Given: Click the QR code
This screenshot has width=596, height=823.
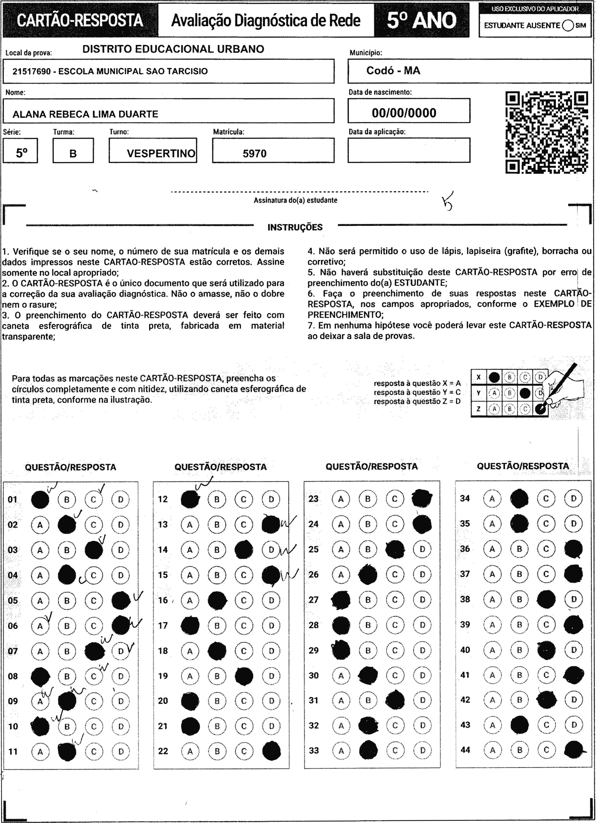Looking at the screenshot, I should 546,132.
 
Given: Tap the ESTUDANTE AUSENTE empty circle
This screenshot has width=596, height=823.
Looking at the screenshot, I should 568,25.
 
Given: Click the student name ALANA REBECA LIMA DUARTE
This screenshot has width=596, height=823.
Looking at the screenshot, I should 85,114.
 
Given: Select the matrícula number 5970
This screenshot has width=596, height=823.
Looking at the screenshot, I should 255,153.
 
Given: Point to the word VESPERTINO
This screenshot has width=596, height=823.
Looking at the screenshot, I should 161,153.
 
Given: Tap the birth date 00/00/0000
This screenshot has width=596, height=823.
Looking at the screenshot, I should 404,113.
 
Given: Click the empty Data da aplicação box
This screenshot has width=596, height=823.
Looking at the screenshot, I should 409,150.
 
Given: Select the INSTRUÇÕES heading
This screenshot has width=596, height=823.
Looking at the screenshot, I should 295,227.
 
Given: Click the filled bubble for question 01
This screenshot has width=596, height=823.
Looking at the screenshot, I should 40,500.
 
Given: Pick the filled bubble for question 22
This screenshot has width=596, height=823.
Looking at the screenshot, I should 271,751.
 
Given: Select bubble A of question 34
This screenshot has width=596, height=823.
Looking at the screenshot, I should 492,498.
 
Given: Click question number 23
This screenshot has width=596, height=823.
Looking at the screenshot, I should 313,499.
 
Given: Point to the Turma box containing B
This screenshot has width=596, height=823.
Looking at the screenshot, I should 73,151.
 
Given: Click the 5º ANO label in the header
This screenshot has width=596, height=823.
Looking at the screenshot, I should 422,20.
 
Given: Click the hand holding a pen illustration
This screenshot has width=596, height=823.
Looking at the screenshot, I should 562,388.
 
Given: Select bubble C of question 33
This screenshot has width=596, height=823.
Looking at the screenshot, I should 395,750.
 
